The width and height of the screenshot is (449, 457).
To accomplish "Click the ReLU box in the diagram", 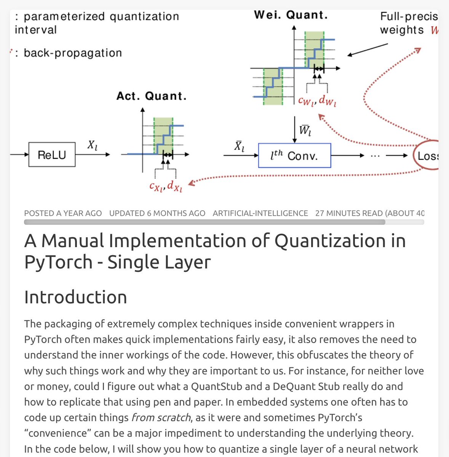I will (52, 155).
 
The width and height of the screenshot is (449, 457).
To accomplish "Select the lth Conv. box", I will (294, 155).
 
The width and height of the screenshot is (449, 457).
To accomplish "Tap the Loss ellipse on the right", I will (427, 155).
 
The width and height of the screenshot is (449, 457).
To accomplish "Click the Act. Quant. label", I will (152, 96).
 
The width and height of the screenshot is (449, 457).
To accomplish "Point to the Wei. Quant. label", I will (291, 15).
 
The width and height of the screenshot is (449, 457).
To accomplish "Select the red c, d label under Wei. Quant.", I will (317, 101).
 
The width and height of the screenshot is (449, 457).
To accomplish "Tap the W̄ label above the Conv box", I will (305, 130).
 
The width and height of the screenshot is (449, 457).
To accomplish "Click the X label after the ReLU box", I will (92, 145).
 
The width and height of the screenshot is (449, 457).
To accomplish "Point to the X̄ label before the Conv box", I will (239, 146).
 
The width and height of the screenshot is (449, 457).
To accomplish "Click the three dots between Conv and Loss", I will (375, 155).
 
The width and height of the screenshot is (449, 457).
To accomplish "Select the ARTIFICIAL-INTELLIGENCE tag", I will (260, 213).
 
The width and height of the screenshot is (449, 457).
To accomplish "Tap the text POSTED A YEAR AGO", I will (63, 213).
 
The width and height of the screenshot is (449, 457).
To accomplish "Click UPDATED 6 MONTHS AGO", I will (157, 213).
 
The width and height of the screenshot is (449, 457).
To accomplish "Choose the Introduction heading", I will (75, 297).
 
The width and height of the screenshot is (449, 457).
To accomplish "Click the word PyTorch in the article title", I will (58, 262).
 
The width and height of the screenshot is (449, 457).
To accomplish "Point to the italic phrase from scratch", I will (161, 417).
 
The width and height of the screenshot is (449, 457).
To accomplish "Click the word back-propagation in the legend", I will (73, 53).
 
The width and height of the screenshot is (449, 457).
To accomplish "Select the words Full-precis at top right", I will (409, 16).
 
